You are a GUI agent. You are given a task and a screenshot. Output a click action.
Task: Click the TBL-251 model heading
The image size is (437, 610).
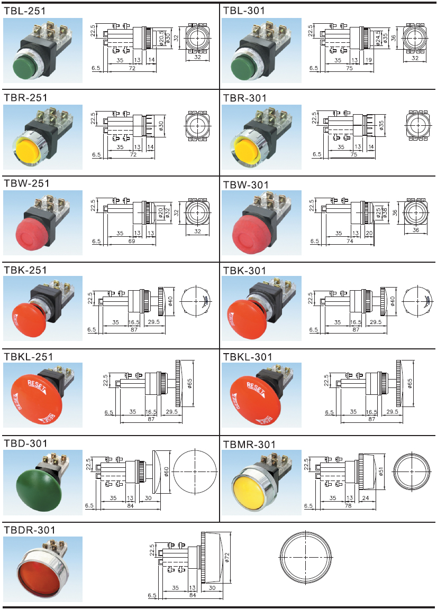[25, 10]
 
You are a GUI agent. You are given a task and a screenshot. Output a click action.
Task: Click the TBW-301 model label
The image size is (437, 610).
[245, 184]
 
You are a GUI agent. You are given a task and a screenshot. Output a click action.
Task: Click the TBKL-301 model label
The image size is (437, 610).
[248, 357]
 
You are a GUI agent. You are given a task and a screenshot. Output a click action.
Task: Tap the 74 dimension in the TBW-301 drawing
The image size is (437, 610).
[350, 241]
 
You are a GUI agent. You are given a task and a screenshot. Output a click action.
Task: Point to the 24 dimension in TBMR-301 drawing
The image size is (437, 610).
[365, 498]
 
